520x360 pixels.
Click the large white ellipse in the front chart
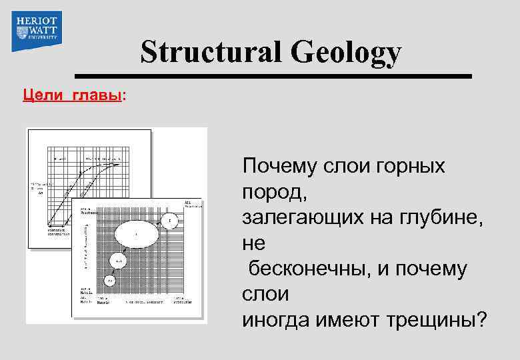pyautogui.click(x=137, y=234)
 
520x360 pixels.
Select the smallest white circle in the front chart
pyautogui.click(x=111, y=280)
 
